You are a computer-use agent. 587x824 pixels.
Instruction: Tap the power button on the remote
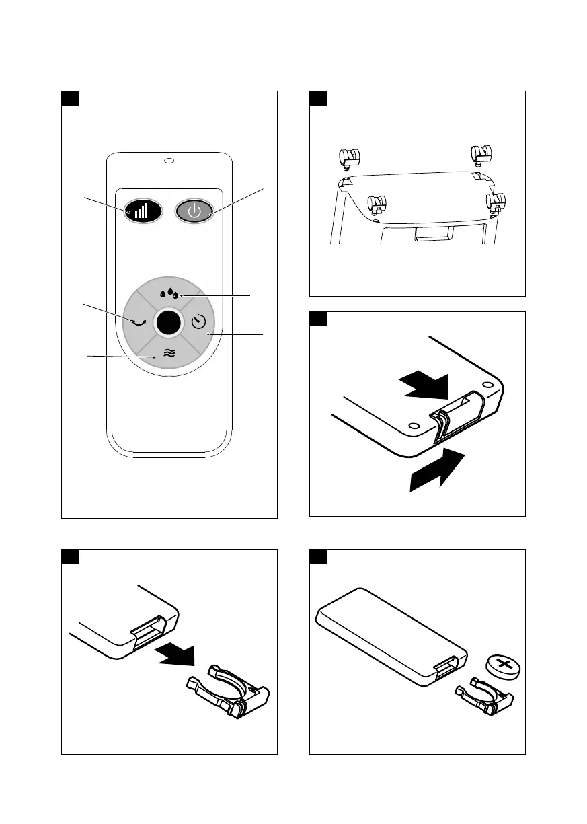pyautogui.click(x=194, y=211)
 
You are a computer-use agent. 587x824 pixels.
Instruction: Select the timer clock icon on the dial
pyautogui.click(x=198, y=323)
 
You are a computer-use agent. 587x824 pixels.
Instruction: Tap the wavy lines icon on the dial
pyautogui.click(x=169, y=352)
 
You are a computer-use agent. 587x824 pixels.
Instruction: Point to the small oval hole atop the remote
pyautogui.click(x=169, y=161)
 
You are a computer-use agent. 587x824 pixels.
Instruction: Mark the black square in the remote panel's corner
pyautogui.click(x=71, y=99)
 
